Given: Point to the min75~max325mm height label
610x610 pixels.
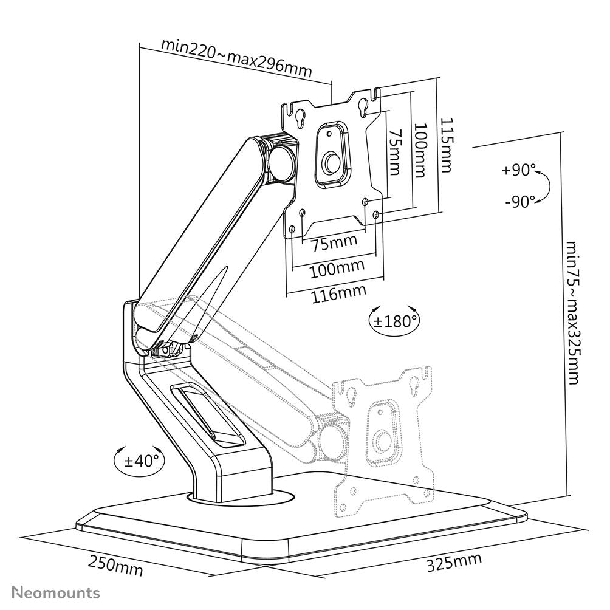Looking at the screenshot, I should (572, 313).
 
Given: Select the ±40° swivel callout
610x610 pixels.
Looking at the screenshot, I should (140, 460).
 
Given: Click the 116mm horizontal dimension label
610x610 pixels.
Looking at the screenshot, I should (338, 295).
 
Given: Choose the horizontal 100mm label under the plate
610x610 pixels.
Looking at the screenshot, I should (338, 267).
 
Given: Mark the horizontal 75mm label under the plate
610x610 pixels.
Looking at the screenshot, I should (335, 244).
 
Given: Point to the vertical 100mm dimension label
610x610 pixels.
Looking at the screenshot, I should (420, 150).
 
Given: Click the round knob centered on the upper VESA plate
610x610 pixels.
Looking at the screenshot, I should (332, 162).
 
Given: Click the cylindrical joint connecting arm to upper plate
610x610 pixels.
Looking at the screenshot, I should (281, 160).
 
